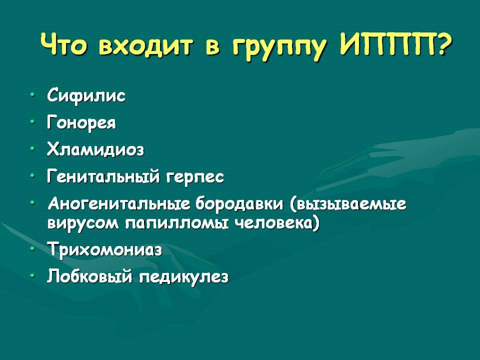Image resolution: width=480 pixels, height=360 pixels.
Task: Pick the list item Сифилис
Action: [86, 96]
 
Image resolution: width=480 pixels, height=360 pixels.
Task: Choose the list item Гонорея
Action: [81, 123]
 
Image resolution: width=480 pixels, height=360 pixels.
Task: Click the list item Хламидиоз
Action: [95, 149]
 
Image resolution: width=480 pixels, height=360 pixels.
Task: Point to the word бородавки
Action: [239, 204]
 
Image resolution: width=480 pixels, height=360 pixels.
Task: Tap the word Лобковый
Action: [90, 276]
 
